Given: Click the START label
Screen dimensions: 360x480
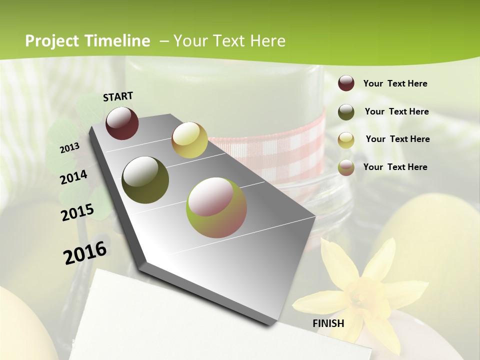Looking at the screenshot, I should [118, 96].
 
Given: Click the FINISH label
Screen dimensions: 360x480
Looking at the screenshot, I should [328, 323].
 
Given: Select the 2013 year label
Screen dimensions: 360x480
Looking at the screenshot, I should [69, 148].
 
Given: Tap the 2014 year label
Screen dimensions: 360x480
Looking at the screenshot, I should [73, 177].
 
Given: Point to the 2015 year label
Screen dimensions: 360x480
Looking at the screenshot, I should [77, 212].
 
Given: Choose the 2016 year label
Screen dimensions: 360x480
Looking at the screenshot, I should [85, 253].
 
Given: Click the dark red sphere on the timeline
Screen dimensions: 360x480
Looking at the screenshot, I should [122, 123].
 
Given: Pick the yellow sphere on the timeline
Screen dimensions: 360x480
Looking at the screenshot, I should [189, 140].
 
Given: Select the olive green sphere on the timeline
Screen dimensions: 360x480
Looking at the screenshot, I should [145, 180].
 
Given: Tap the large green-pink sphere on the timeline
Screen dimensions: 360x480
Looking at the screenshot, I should [216, 207].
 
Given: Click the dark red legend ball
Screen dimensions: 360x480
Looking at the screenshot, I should [346, 83].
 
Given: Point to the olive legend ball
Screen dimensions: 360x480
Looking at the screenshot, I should [346, 111].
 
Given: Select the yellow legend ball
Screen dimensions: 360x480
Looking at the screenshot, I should [346, 139].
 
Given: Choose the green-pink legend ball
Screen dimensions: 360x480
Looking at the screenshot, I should [346, 167].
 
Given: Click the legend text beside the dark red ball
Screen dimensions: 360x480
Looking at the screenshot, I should [395, 83].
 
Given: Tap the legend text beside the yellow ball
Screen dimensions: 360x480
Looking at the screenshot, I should [397, 139].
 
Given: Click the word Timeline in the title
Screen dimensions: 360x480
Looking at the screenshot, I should [116, 41].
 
